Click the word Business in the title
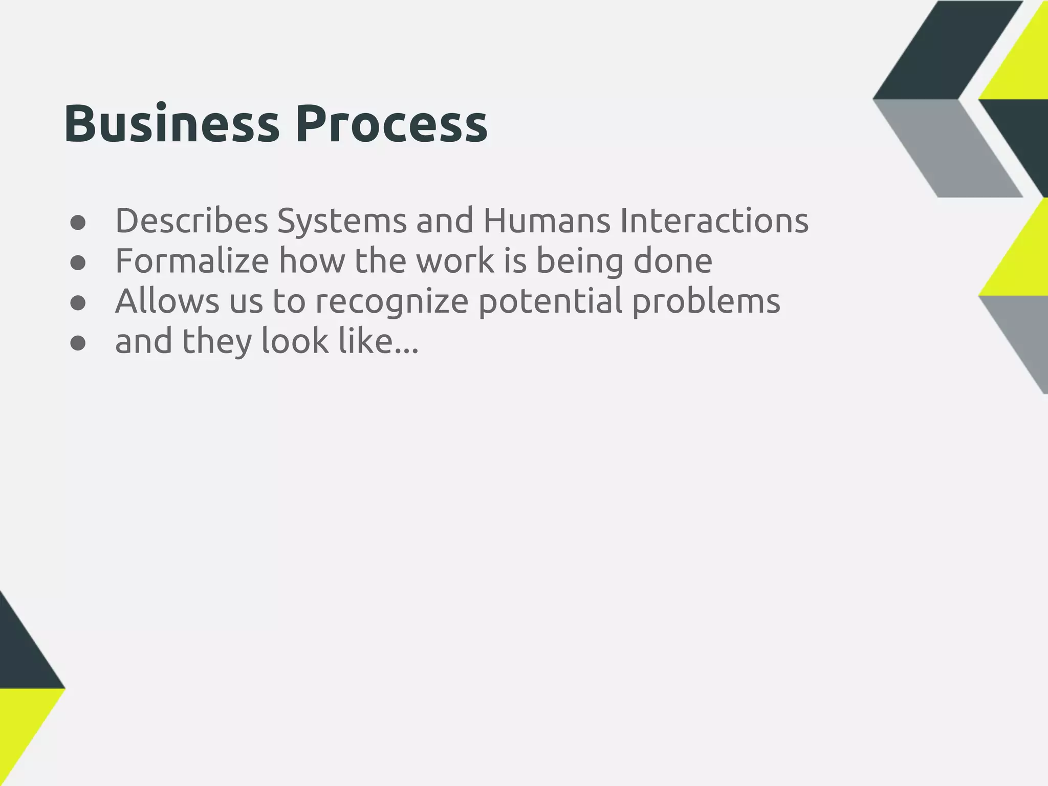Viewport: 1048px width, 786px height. click(171, 124)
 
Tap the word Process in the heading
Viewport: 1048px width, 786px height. click(391, 124)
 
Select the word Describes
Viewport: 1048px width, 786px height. click(192, 221)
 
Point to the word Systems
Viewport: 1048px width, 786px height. click(341, 221)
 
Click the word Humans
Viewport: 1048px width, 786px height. click(547, 221)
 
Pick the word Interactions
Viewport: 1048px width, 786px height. click(714, 221)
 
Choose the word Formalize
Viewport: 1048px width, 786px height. click(192, 260)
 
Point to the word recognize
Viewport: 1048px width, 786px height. click(391, 302)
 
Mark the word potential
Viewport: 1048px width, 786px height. click(551, 302)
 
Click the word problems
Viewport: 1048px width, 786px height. click(706, 302)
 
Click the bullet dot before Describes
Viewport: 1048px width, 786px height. click(78, 223)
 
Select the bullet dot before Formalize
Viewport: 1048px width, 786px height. click(78, 263)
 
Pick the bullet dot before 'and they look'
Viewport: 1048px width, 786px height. click(78, 344)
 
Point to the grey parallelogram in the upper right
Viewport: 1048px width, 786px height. click(947, 148)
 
